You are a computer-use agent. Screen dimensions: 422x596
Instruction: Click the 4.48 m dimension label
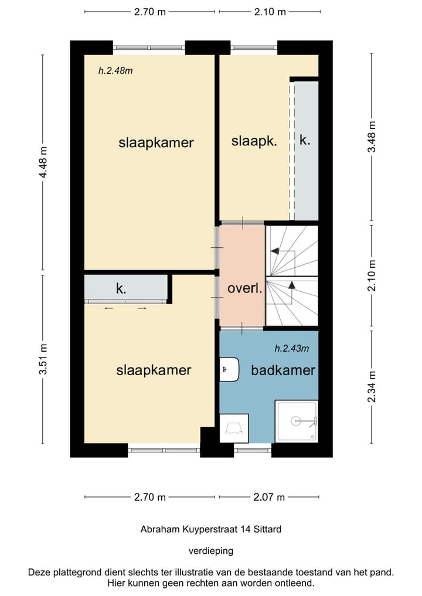pyautogui.click(x=43, y=162)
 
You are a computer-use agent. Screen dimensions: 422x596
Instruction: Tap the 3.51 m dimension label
pyautogui.click(x=43, y=359)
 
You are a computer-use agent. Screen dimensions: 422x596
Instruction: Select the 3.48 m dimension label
pyautogui.click(x=372, y=137)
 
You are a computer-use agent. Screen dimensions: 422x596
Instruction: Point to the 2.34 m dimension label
pyautogui.click(x=372, y=387)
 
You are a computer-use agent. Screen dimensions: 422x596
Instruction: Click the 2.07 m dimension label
pyautogui.click(x=269, y=497)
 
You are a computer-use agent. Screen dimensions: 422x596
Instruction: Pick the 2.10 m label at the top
pyautogui.click(x=270, y=12)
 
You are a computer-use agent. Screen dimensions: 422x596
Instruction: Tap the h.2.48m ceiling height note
pyautogui.click(x=115, y=70)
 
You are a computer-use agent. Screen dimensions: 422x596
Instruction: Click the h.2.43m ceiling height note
pyautogui.click(x=292, y=348)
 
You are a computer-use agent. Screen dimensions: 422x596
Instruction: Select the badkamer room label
pyautogui.click(x=283, y=370)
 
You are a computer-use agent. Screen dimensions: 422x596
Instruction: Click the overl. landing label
pyautogui.click(x=245, y=288)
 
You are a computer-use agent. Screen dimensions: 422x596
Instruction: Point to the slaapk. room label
pyautogui.click(x=254, y=141)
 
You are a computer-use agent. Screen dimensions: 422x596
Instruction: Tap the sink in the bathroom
pyautogui.click(x=229, y=369)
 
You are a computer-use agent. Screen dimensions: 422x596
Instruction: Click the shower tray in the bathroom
pyautogui.click(x=297, y=421)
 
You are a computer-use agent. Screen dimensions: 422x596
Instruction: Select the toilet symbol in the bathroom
pyautogui.click(x=234, y=428)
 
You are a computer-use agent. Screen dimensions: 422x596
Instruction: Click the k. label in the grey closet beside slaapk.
pyautogui.click(x=305, y=140)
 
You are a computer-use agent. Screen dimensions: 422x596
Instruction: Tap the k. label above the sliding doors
pyautogui.click(x=121, y=289)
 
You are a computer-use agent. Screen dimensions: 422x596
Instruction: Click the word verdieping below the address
pyautogui.click(x=211, y=551)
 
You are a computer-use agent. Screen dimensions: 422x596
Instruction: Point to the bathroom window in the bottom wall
pyautogui.click(x=253, y=451)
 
